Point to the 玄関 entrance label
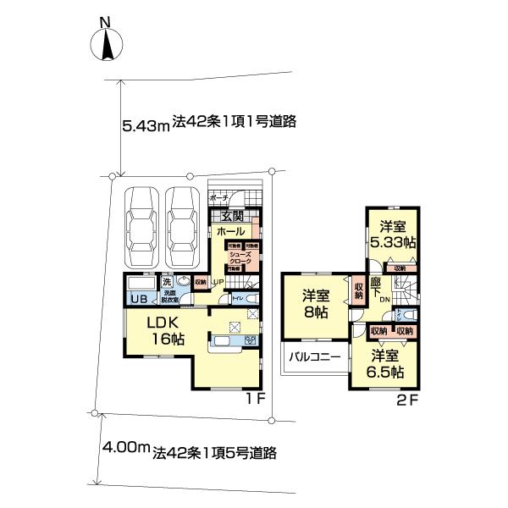(227, 216)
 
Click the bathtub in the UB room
(141, 284)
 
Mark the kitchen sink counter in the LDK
(225, 342)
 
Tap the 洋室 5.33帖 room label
(395, 234)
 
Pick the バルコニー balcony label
(313, 357)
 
